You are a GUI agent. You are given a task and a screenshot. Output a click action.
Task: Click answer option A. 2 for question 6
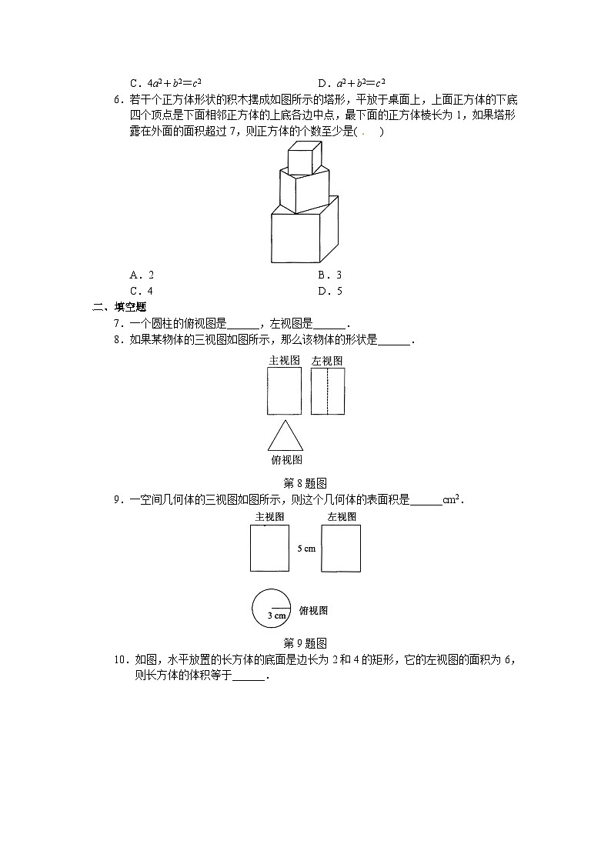point(142,275)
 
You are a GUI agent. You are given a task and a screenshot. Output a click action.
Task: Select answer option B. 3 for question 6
point(329,275)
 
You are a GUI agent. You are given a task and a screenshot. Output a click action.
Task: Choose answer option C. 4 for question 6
point(142,291)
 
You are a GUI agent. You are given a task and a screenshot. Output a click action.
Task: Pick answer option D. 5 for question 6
point(330,291)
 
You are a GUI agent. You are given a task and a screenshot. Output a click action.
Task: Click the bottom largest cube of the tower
point(304,234)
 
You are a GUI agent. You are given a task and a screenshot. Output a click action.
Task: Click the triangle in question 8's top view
point(285,436)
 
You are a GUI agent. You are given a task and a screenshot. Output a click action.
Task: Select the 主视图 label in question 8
point(284,360)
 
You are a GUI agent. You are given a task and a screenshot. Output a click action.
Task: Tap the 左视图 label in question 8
point(327,361)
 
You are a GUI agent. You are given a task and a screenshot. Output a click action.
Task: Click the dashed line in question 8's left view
point(328,392)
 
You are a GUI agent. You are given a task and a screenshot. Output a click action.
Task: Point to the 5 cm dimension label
point(306,549)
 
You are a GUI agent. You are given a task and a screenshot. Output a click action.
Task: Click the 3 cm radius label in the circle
point(276,615)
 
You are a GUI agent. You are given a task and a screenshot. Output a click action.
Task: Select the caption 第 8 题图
point(305,484)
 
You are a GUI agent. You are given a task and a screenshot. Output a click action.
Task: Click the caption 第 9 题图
point(305,643)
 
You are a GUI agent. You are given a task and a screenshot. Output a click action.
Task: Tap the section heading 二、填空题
point(119,307)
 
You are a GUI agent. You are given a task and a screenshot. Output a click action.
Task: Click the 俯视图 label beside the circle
point(313,611)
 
